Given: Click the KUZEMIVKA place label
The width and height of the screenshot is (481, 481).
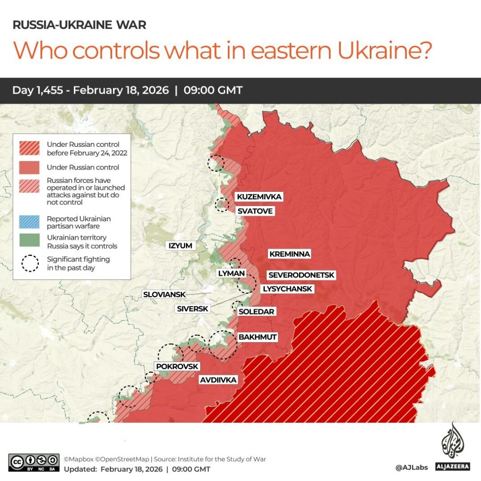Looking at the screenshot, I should click(259, 197).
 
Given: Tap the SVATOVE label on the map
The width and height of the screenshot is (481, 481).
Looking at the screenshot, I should click(255, 211).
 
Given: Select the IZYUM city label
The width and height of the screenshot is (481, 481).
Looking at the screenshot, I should click(180, 245).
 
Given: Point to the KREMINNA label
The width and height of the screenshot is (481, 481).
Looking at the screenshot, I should click(290, 254).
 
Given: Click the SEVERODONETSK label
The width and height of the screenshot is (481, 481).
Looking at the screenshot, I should click(301, 275).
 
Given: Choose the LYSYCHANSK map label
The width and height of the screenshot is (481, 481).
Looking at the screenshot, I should click(287, 289).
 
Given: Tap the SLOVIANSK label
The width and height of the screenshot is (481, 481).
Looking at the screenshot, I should click(164, 295).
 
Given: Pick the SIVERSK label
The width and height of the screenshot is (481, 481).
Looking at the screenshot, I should click(192, 309).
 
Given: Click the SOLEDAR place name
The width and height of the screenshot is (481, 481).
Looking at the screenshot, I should click(256, 311).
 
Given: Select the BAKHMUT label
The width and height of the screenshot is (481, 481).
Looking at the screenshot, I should click(258, 337).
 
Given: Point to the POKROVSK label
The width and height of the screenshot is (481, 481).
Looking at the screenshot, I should click(177, 367).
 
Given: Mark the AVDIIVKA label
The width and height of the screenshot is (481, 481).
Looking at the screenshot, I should click(218, 380).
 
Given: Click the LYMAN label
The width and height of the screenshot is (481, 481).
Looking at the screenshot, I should click(231, 273).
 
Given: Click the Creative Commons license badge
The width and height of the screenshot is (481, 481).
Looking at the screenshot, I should click(34, 463).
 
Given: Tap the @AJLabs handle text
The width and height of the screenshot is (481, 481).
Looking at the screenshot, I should click(411, 468).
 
